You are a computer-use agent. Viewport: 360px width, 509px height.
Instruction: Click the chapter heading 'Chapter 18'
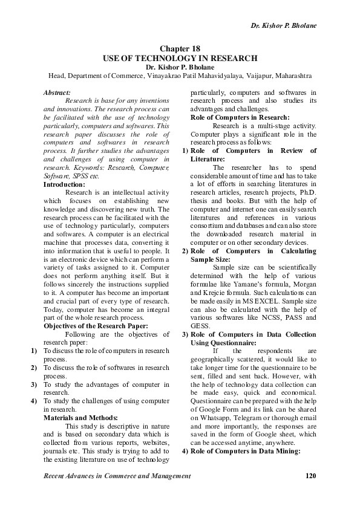[x=180, y=48]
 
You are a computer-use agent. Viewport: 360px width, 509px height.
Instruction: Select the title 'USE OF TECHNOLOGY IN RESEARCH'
[x=180, y=58]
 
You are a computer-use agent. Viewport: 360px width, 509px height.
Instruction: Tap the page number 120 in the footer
[x=311, y=476]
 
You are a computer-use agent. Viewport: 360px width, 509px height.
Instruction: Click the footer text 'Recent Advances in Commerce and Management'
[x=117, y=476]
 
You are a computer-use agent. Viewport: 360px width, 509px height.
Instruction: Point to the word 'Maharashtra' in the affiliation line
[x=290, y=76]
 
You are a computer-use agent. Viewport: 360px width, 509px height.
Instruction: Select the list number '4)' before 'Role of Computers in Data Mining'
[x=186, y=451]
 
